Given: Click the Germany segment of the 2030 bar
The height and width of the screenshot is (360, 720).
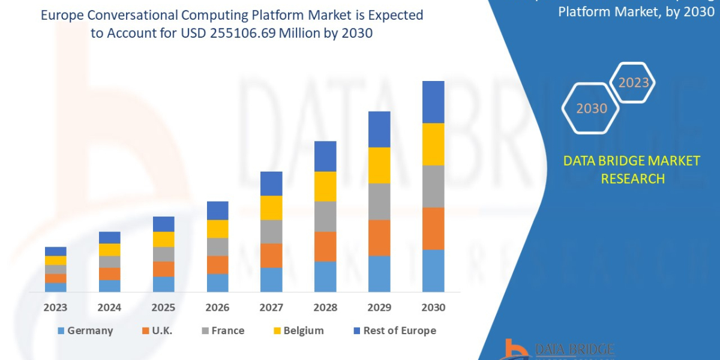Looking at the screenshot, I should point(433,271).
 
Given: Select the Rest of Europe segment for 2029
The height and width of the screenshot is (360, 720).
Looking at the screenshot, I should point(379,129).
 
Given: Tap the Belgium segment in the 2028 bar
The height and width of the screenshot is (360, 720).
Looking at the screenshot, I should point(325,186).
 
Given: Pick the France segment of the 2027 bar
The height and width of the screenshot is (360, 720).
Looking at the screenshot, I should point(271,231).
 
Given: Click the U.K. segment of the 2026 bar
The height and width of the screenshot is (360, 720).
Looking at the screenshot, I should point(217,265).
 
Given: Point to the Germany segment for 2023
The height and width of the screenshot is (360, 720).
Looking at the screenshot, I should point(56,287).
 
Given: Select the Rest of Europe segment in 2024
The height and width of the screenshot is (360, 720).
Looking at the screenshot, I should point(110,237).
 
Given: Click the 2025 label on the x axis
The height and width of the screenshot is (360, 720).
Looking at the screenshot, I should point(163,308).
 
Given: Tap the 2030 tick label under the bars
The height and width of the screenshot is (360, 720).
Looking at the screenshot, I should point(433,308).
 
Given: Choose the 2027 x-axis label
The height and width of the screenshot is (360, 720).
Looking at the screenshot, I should point(271,308).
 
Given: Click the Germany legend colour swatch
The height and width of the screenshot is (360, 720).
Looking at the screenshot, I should point(61,331).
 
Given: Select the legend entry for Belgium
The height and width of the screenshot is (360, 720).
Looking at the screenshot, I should point(304,331).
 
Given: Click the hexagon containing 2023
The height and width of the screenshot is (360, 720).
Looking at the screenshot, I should point(632,83).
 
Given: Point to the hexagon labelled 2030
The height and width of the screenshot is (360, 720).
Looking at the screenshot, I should point(591,109).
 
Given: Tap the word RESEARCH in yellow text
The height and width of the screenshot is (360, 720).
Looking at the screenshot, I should point(632,178).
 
